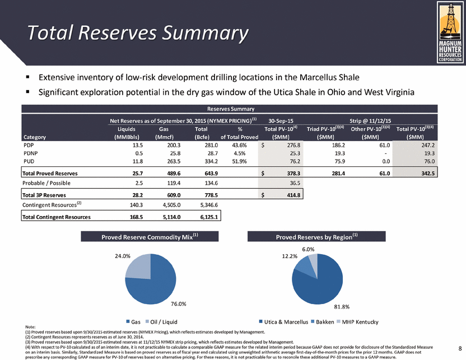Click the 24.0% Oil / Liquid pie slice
click(138, 267)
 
